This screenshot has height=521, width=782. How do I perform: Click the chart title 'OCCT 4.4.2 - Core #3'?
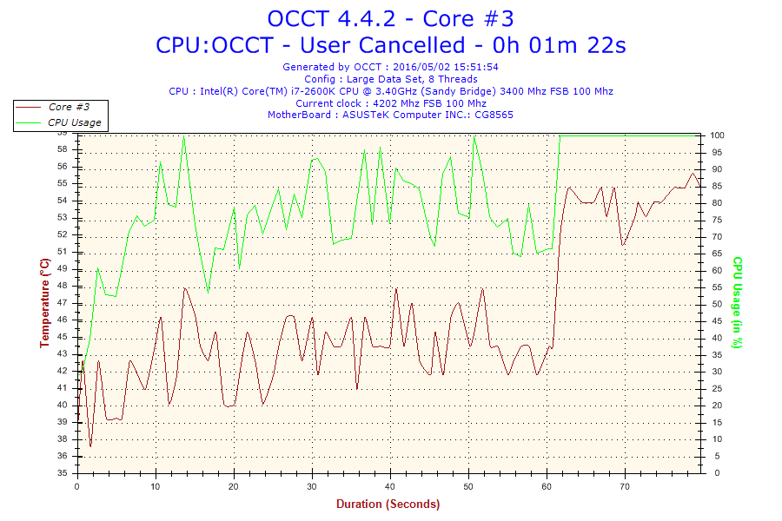(x=390, y=18)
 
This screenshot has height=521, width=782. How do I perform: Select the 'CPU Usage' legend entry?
(x=74, y=122)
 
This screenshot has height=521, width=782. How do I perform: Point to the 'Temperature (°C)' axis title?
(x=45, y=303)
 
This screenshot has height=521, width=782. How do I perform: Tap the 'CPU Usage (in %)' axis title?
(x=737, y=302)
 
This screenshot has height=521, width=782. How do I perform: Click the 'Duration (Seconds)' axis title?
(x=388, y=504)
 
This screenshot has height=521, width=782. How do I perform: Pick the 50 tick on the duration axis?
(x=469, y=487)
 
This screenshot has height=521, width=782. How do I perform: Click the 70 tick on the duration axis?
(x=625, y=487)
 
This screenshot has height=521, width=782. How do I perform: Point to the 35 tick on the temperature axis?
(x=62, y=473)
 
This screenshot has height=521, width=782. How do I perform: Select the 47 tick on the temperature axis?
(x=62, y=303)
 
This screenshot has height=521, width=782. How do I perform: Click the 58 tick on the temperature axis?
(x=62, y=149)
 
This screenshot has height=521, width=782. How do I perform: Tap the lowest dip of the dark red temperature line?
(x=90, y=446)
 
